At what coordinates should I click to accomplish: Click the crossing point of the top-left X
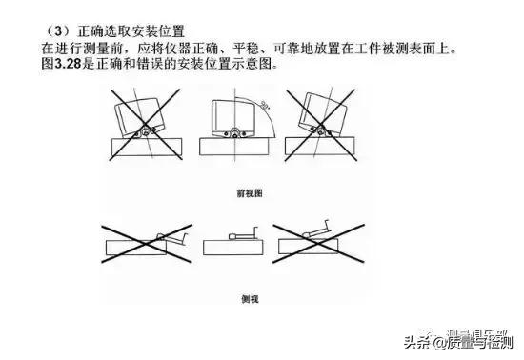click(143, 128)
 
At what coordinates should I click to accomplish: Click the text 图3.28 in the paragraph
click(60, 64)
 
